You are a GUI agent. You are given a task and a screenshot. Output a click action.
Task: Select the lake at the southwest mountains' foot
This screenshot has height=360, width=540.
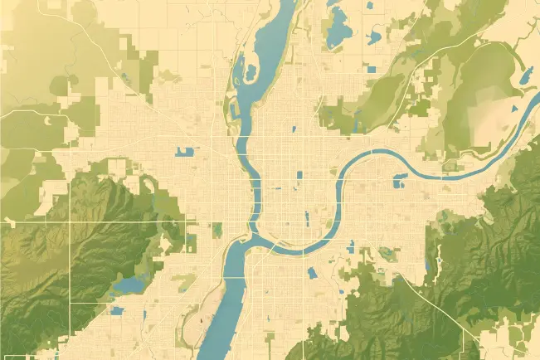click(129, 285)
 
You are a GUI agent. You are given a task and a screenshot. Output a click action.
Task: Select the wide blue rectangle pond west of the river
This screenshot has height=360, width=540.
click(184, 152)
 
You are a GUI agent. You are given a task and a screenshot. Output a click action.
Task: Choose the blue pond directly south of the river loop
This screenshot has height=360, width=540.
click(312, 272)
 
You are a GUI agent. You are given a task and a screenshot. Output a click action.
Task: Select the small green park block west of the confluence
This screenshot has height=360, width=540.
click(218, 229)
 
